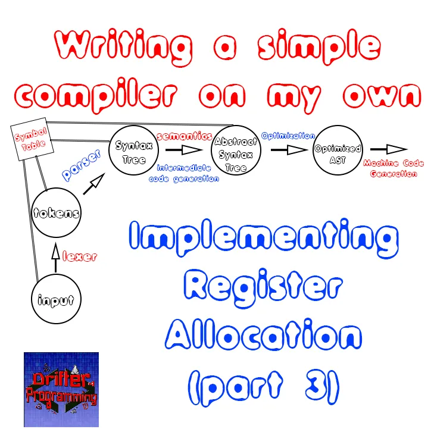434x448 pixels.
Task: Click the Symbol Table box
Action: click(x=32, y=139)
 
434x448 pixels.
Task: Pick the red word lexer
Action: click(x=80, y=256)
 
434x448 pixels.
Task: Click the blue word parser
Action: click(x=82, y=165)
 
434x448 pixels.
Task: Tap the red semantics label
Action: click(x=185, y=136)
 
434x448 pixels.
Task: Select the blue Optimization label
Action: click(x=288, y=136)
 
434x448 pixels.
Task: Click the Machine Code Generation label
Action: click(x=394, y=168)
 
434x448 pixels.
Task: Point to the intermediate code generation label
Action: click(x=184, y=173)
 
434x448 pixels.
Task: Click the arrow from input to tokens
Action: click(x=56, y=258)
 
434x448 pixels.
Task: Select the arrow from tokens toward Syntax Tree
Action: click(x=94, y=184)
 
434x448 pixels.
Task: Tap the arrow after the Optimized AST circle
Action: click(x=388, y=149)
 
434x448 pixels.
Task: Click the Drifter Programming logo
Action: click(x=61, y=390)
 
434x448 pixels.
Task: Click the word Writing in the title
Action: click(x=123, y=46)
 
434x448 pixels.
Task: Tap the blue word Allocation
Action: click(x=263, y=334)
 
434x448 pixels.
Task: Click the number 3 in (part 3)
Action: click(x=316, y=386)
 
